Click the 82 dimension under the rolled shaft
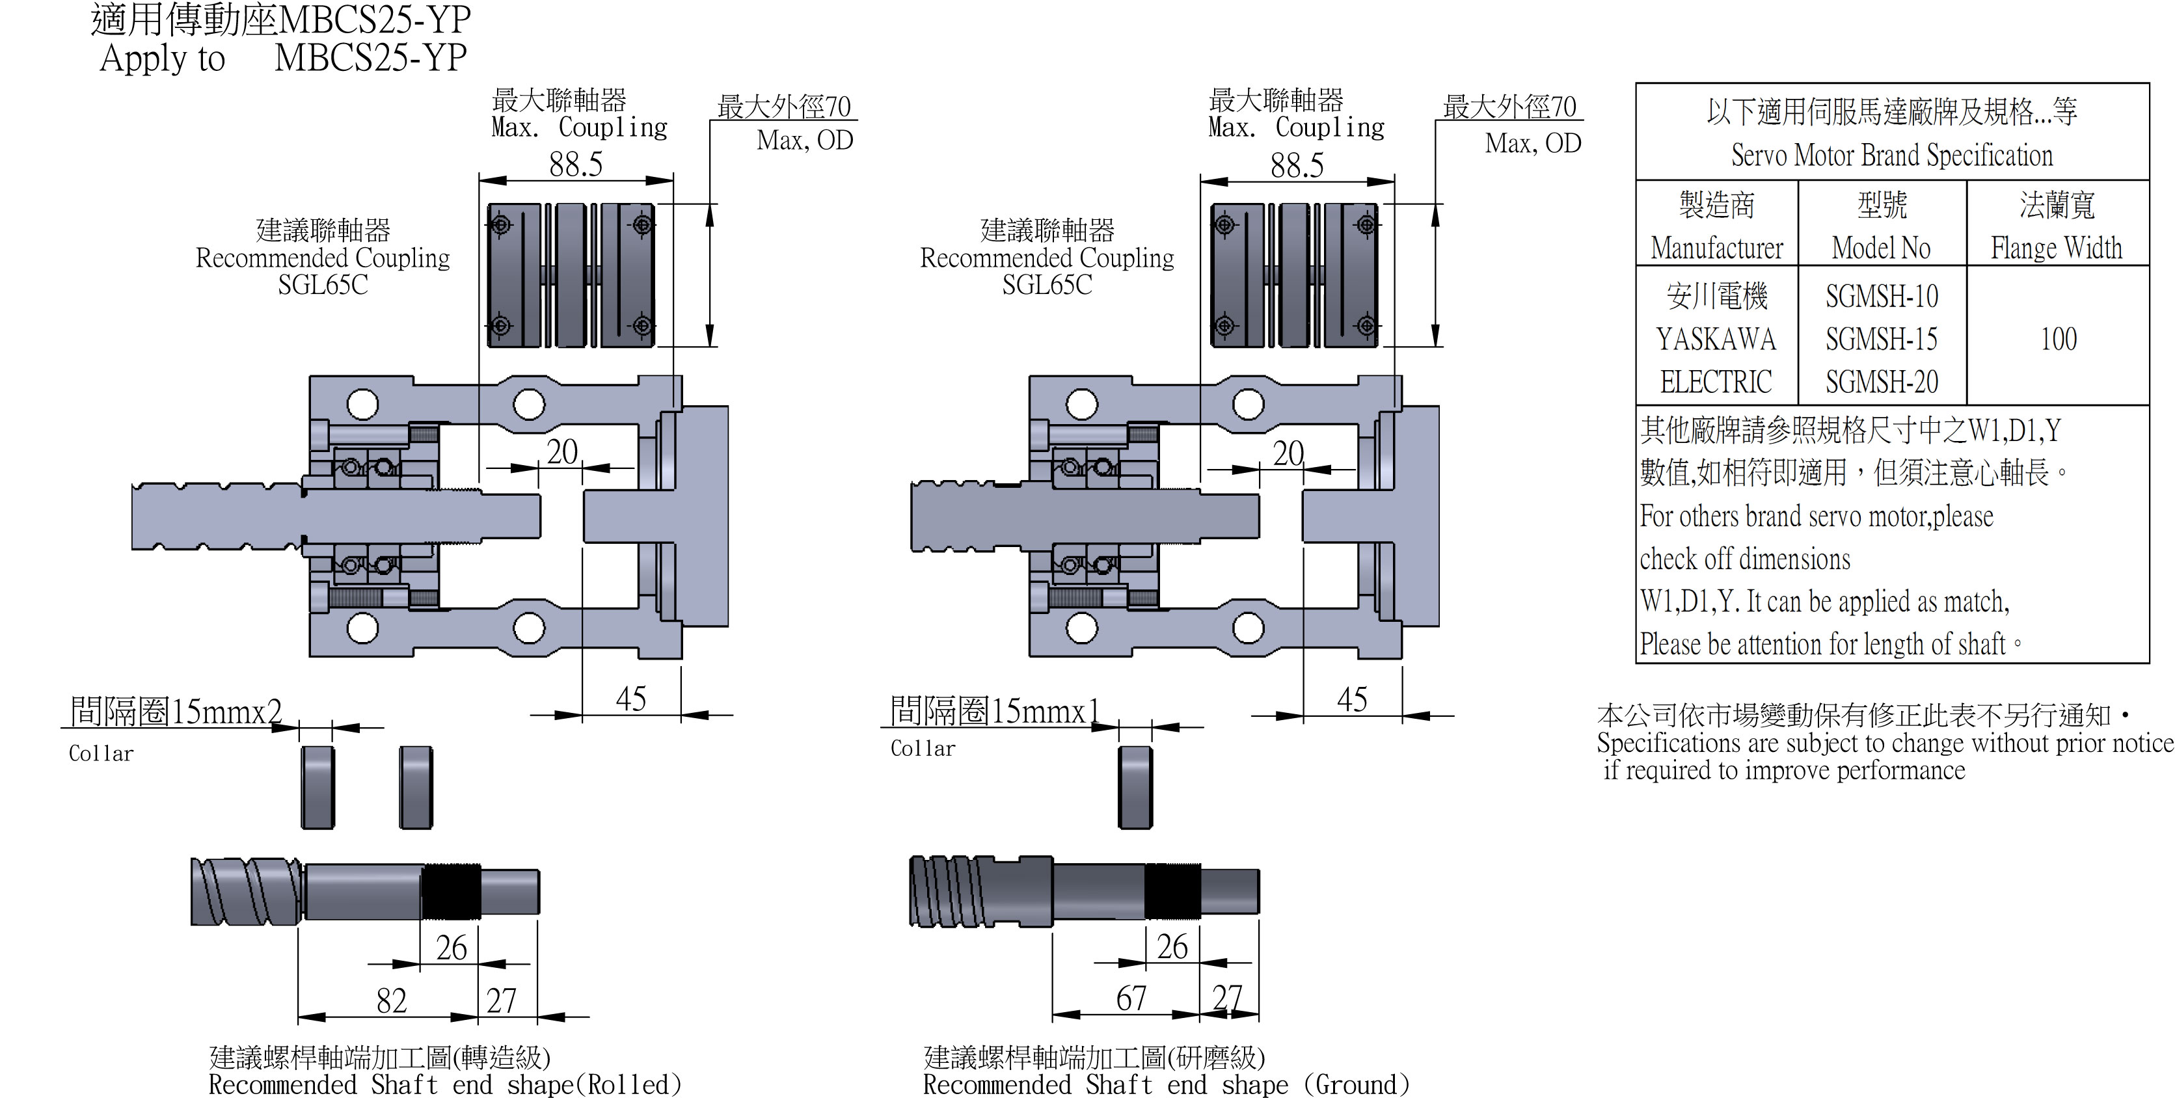392,1001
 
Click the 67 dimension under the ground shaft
1131,999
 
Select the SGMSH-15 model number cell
1881,340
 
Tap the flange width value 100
2059,340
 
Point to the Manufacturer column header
1716,248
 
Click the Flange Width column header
2056,248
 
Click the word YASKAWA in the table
1716,340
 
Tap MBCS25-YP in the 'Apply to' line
371,57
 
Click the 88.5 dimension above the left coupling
576,165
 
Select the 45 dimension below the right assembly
1352,700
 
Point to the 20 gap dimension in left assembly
561,452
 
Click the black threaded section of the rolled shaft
451,891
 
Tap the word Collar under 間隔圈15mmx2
100,754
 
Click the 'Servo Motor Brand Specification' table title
1891,155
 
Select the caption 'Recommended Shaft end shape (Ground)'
1166,1084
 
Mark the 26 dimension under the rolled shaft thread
451,948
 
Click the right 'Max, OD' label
1532,144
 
